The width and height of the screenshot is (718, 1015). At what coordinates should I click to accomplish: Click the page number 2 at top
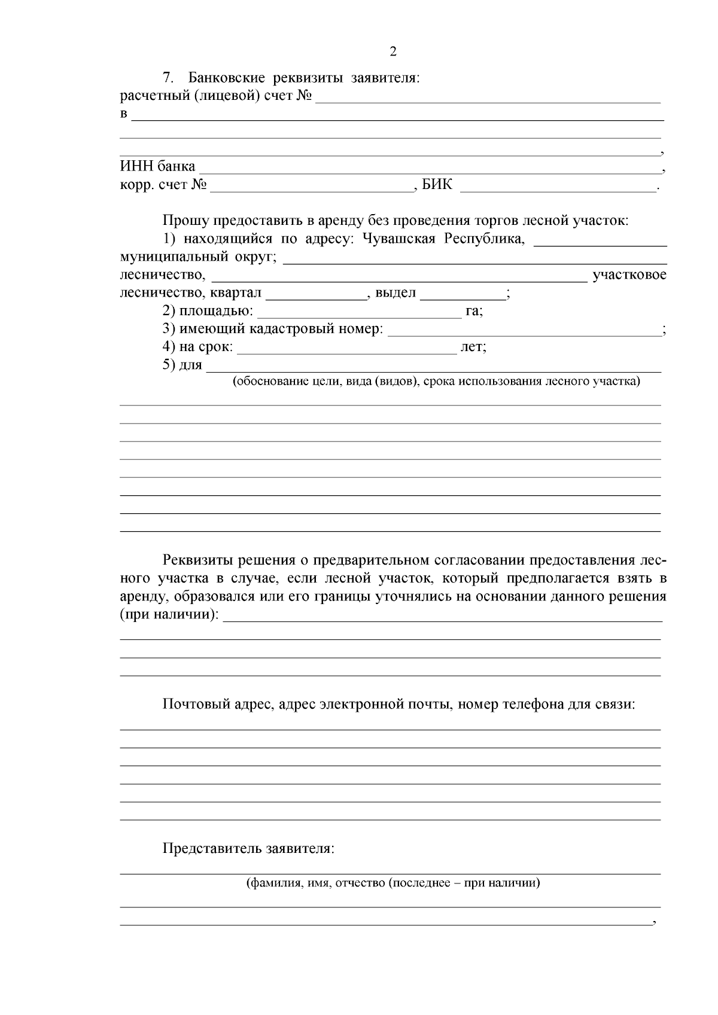click(393, 51)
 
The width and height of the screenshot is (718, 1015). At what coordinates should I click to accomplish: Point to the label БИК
click(437, 186)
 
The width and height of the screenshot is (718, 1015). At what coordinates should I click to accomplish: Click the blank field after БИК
click(558, 188)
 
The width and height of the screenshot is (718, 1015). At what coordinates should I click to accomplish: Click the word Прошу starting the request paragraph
click(184, 221)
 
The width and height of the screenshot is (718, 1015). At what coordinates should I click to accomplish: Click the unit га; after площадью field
click(474, 312)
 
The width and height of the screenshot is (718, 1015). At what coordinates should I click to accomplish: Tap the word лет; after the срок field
click(473, 348)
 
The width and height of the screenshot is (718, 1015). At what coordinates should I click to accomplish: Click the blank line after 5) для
click(434, 368)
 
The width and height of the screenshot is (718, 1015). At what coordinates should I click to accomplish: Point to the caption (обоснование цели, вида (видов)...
click(436, 382)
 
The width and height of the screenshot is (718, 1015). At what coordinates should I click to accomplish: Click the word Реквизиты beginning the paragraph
click(199, 560)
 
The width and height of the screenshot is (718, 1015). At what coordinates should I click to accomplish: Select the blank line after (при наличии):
click(443, 618)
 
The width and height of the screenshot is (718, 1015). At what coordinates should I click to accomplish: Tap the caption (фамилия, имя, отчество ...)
click(393, 883)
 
